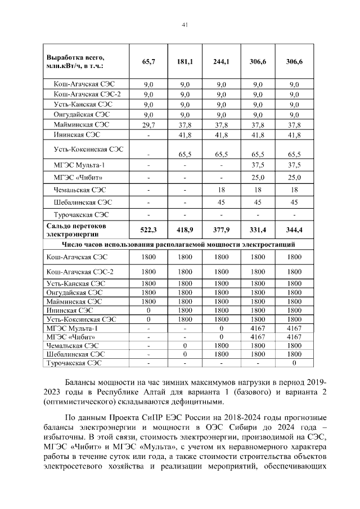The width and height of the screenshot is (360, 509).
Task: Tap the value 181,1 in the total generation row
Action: (185, 61)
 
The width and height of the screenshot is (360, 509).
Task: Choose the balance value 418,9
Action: (185, 230)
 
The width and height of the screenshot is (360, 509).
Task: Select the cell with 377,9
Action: (222, 230)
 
